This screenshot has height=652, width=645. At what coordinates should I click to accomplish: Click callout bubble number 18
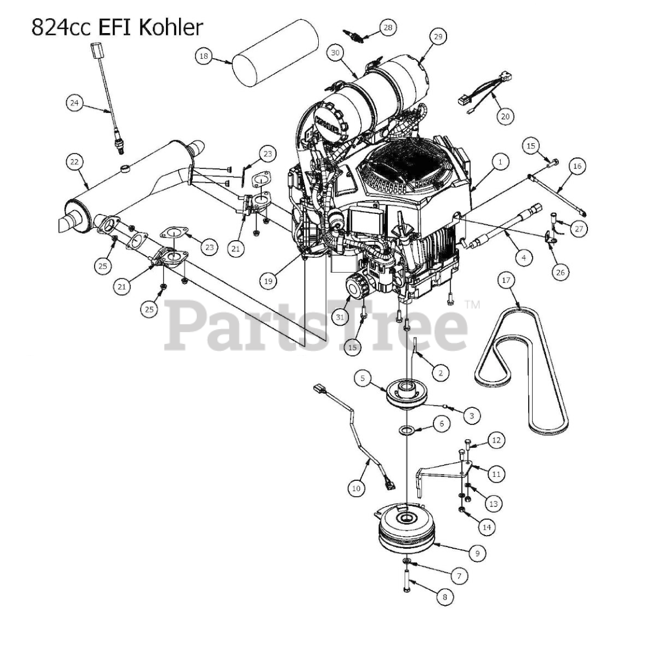[203, 56]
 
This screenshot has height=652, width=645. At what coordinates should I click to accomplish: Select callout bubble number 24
[74, 102]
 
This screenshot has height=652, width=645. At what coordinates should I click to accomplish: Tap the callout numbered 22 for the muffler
[74, 162]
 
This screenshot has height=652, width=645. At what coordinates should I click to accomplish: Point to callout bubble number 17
[506, 280]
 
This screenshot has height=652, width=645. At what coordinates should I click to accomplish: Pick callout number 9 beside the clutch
[477, 553]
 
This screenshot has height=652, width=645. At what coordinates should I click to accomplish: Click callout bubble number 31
[340, 317]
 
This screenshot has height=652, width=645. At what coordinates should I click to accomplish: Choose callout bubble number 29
[438, 37]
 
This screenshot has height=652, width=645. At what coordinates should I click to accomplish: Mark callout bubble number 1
[500, 162]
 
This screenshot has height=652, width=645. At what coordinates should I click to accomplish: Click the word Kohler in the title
[171, 27]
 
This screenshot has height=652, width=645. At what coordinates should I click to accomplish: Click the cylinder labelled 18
[275, 53]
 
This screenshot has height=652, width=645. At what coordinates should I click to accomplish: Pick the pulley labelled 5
[407, 393]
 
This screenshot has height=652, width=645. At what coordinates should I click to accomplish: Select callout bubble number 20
[505, 116]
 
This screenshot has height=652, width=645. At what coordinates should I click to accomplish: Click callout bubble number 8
[445, 597]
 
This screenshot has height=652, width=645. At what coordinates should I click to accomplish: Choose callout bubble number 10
[356, 488]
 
